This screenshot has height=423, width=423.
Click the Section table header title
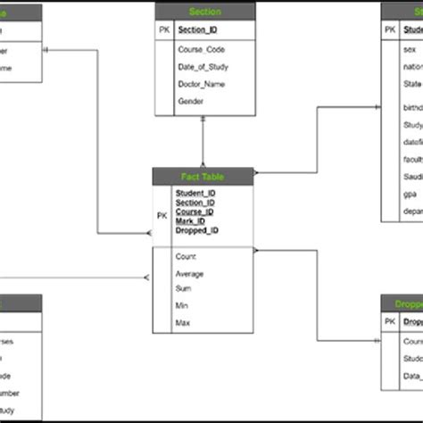coord(205,12)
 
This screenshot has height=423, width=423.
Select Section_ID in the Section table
coord(197,30)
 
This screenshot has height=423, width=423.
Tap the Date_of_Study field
coord(203,67)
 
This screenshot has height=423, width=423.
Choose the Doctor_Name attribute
coord(201,84)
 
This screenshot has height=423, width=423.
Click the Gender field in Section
coord(191,102)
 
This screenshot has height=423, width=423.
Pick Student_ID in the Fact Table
coord(195,193)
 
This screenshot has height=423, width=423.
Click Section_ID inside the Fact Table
coord(195,203)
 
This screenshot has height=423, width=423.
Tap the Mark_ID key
coord(191,221)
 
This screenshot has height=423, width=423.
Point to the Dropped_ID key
coord(197,230)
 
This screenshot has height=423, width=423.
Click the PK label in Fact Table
coord(162,215)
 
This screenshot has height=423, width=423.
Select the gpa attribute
coord(409,192)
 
